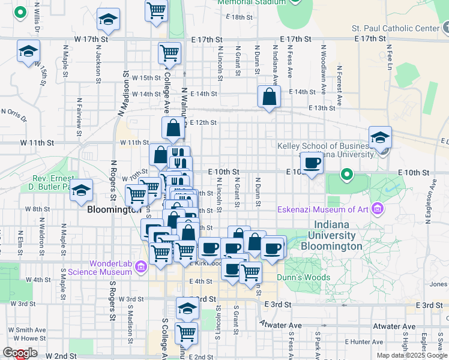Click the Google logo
19,353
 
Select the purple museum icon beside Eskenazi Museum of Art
378,209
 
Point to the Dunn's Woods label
303,277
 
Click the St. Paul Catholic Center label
396,28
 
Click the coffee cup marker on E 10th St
312,163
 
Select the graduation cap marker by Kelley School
380,137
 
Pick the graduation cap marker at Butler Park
82,191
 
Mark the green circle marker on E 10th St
346,175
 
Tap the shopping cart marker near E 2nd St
186,333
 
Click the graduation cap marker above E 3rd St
187,309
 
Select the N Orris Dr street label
14,113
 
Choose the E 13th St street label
322,107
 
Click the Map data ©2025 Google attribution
412,355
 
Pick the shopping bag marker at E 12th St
173,128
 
